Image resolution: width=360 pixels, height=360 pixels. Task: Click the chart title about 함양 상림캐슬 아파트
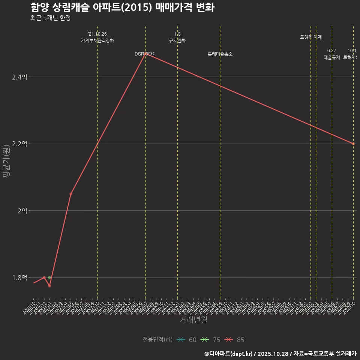122,7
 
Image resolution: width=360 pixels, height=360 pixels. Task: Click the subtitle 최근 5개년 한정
50,18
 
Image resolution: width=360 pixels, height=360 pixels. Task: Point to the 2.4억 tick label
19,77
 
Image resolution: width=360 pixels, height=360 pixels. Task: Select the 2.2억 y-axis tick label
19,144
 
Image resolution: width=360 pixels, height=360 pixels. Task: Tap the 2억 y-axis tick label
22,211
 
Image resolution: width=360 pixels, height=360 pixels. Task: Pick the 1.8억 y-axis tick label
19,278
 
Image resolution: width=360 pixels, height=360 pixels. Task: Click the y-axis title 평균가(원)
6,161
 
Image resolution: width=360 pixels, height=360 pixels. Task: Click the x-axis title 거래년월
193,320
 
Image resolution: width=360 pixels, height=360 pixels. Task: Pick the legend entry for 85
235,340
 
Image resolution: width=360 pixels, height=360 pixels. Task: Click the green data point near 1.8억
49,277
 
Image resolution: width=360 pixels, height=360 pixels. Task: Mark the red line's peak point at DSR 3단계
145,54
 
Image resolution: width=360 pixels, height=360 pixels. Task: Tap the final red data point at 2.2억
353,144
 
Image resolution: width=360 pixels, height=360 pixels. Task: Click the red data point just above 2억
71,194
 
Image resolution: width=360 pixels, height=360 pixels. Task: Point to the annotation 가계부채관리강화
97,40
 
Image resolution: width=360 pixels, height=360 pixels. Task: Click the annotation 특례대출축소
220,54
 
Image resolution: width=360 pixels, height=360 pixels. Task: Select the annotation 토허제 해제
311,37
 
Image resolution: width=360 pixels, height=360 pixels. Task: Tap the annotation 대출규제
332,57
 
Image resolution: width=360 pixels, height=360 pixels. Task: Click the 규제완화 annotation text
177,40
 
